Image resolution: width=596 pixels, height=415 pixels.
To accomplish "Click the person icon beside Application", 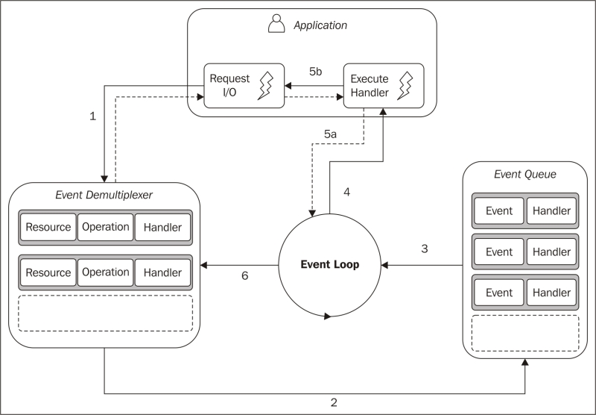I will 276,25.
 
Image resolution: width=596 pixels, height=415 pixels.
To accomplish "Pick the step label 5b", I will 315,72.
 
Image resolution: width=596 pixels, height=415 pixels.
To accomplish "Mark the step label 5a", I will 331,134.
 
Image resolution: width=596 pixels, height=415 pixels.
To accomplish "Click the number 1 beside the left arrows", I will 92,116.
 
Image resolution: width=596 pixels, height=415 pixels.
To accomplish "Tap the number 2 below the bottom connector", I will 333,402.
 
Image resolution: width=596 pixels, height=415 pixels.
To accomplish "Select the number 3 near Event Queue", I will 425,249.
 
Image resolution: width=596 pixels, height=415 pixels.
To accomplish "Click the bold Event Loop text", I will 329,265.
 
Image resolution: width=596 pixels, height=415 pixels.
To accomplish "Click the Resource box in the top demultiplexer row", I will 48,228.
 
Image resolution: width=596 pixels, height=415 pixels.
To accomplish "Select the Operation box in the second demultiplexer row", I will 106,272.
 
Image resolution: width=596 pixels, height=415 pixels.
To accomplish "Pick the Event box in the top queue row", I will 499,211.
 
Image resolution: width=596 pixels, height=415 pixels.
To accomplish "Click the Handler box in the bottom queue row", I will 551,293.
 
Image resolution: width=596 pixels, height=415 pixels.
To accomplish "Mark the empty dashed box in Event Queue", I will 525,332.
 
